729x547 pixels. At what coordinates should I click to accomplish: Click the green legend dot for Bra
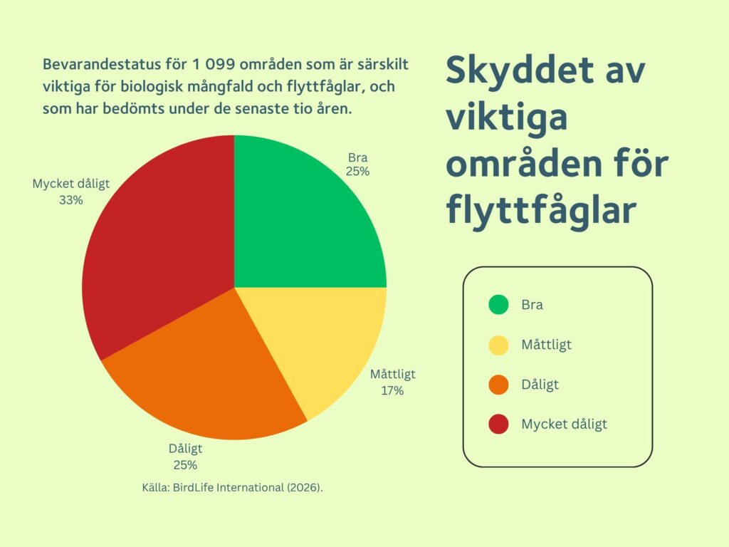pos(498,305)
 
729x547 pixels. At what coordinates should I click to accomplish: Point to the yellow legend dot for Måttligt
pos(498,345)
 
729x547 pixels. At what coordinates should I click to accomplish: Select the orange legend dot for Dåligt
pos(498,385)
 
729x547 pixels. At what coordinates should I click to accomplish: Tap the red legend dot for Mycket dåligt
pos(498,424)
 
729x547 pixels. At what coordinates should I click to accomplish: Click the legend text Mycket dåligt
pos(564,424)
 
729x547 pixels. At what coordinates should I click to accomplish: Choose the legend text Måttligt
pos(546,345)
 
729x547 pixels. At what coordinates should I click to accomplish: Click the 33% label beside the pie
pos(71,200)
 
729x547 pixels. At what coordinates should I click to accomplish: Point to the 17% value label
pos(392,391)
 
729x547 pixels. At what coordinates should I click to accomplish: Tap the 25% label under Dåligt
pos(186,465)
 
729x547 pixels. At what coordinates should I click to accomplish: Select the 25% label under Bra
pos(357,172)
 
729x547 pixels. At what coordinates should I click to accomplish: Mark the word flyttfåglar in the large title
pos(541,211)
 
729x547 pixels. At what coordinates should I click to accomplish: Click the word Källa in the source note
pos(156,487)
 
